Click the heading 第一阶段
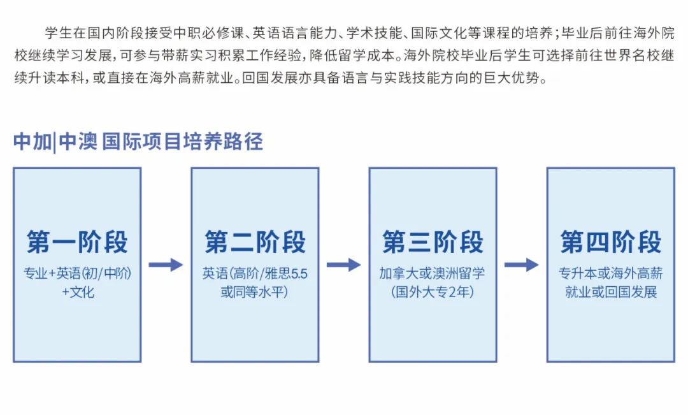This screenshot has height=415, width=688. click(x=77, y=243)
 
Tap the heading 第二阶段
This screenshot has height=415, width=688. click(x=255, y=243)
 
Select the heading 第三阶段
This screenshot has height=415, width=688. click(x=433, y=243)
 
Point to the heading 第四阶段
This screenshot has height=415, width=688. click(x=611, y=243)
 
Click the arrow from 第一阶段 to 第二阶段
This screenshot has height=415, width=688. click(x=166, y=265)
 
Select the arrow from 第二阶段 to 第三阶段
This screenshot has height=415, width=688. click(x=343, y=265)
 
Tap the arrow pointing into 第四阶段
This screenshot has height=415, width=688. click(x=521, y=265)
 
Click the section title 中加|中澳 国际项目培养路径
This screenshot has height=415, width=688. click(x=138, y=142)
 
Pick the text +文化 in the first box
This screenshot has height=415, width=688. click(x=77, y=293)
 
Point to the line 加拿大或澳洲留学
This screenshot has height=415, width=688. click(x=433, y=274)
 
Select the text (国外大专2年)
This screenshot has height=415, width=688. click(x=433, y=293)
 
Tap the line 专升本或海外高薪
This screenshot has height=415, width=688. click(x=611, y=274)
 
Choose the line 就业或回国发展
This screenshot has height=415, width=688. click(x=611, y=293)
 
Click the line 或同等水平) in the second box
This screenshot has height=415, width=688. click(x=255, y=293)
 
